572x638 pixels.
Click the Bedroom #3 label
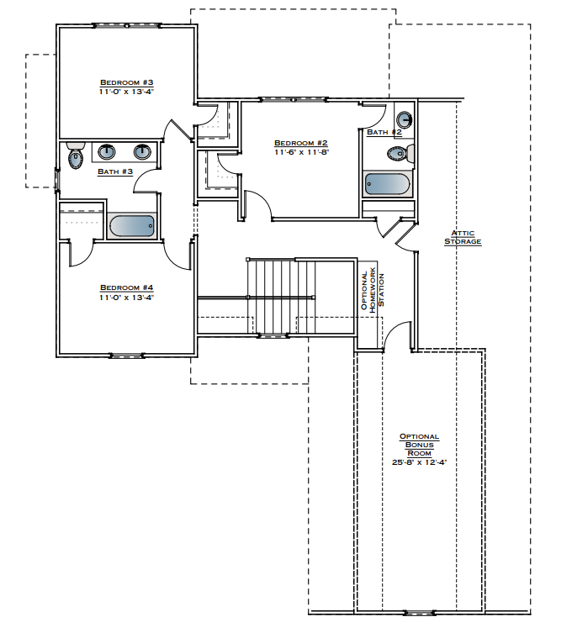[126, 82]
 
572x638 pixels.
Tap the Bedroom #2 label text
[300, 143]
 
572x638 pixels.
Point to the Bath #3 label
[115, 171]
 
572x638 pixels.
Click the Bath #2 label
[384, 132]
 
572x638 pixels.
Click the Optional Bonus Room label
[419, 445]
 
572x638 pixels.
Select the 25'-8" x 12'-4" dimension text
[419, 462]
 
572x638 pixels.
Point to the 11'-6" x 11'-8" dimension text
[300, 152]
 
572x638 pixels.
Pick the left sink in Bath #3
[108, 152]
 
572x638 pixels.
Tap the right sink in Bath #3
[143, 152]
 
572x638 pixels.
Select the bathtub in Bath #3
[132, 226]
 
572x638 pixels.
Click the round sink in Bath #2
[405, 119]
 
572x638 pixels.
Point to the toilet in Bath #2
[399, 154]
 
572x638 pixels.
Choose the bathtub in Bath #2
[389, 183]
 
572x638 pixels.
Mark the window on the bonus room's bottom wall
[418, 613]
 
